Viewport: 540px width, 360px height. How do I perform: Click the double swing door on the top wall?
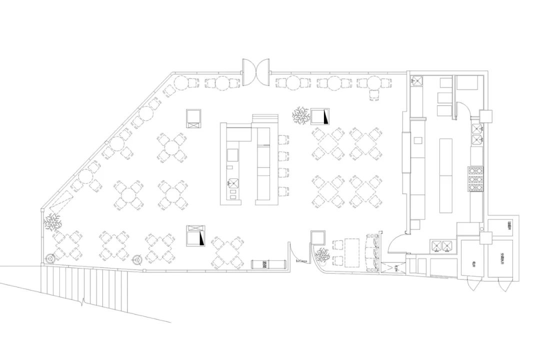point(256,71)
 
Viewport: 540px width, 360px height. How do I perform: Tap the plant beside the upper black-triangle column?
point(301,116)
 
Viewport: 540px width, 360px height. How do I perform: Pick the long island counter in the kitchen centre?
point(444,174)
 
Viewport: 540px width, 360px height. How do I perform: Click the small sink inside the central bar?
point(233,183)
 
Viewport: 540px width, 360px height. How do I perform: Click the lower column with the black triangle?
point(196,235)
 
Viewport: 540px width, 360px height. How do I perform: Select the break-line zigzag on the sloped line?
point(83,301)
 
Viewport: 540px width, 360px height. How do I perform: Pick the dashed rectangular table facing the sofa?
point(352,251)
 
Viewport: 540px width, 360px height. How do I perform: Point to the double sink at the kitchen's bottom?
point(443,245)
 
